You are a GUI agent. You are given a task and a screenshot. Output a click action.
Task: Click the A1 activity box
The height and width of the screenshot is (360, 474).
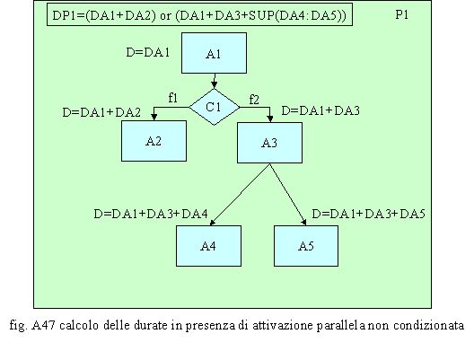(214, 53)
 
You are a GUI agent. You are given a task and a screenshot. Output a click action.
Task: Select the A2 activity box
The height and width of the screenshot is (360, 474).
(154, 141)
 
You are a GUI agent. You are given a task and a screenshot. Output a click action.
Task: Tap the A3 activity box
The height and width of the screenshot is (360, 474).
(269, 143)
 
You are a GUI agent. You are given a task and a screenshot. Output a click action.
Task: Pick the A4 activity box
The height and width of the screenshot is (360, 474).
(208, 246)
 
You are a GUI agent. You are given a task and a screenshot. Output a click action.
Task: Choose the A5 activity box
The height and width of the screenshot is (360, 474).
(306, 246)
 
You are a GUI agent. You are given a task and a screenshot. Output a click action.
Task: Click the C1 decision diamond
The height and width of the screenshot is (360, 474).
(215, 107)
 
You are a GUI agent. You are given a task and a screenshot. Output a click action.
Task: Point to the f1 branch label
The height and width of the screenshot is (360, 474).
(173, 98)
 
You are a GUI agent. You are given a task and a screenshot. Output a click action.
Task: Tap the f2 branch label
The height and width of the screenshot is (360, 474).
(254, 100)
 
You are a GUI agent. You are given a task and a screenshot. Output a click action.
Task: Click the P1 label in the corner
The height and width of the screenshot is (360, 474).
(402, 14)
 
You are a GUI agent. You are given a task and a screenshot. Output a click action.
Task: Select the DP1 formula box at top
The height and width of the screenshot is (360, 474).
(200, 14)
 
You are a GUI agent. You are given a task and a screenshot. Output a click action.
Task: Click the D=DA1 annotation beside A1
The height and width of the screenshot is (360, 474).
(148, 53)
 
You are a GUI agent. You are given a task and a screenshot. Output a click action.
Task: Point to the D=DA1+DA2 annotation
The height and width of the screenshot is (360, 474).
(101, 112)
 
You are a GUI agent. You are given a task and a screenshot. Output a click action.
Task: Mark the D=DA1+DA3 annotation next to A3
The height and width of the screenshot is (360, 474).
(320, 111)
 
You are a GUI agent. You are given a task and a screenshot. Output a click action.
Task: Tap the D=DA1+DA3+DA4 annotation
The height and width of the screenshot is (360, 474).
(151, 214)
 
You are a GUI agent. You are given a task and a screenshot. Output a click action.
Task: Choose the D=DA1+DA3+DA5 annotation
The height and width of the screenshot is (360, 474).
(368, 214)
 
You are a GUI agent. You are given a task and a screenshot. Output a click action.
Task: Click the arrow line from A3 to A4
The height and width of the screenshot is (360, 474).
(240, 194)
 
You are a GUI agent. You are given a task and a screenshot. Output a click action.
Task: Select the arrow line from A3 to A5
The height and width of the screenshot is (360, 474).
(288, 194)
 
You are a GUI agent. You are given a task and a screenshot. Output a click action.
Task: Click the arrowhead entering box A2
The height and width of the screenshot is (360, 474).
(154, 118)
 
